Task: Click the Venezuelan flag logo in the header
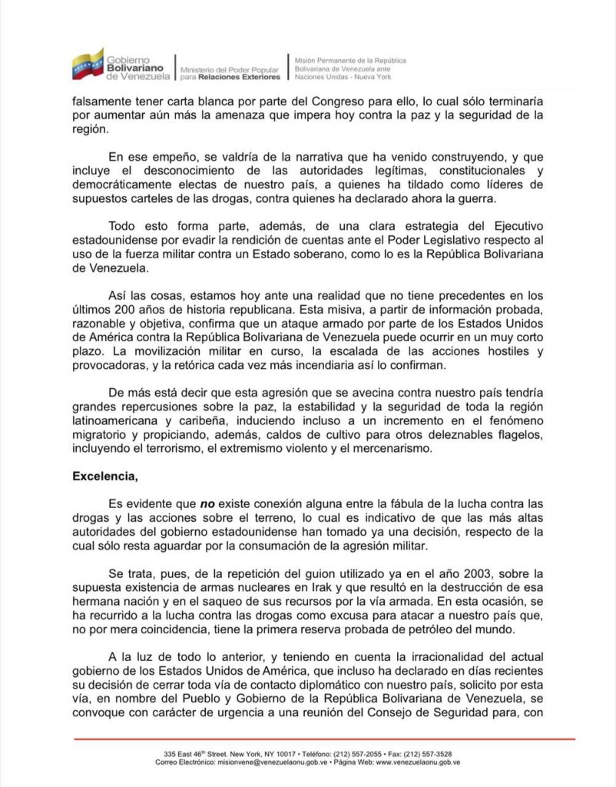[88, 65]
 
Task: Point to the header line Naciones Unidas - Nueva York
[343, 78]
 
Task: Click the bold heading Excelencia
[104, 476]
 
